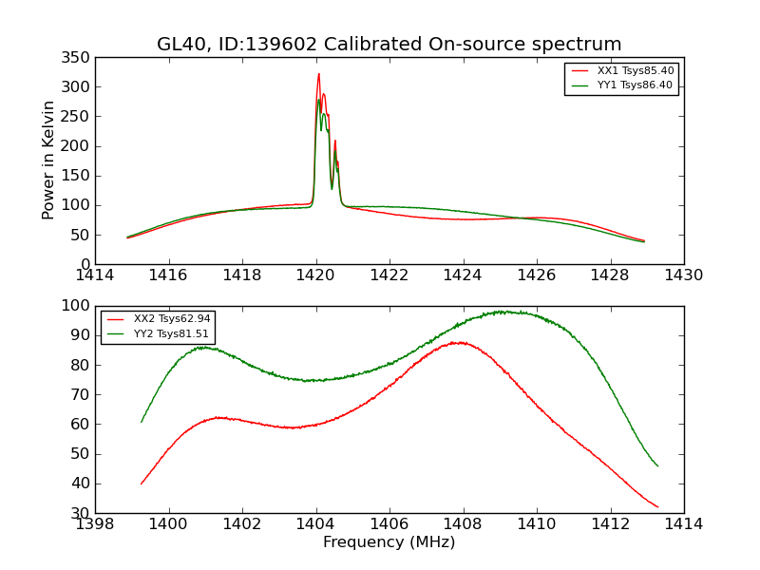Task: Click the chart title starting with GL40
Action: [x=389, y=44]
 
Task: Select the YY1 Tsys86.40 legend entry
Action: [x=635, y=85]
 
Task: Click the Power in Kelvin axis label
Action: [x=48, y=160]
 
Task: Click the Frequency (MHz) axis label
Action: [x=389, y=542]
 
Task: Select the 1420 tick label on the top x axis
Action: [x=316, y=275]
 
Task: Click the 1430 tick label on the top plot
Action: [x=684, y=275]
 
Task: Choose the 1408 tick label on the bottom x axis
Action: [x=463, y=524]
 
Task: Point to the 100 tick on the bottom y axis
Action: [x=78, y=306]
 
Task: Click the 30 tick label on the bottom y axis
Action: [x=82, y=513]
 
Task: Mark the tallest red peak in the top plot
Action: [x=318, y=74]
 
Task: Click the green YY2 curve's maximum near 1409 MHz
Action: [x=500, y=312]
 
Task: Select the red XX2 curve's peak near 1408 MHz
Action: [x=460, y=342]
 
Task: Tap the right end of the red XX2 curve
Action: [x=657, y=507]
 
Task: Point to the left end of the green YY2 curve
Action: [x=142, y=422]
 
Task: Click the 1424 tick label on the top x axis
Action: [x=464, y=275]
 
